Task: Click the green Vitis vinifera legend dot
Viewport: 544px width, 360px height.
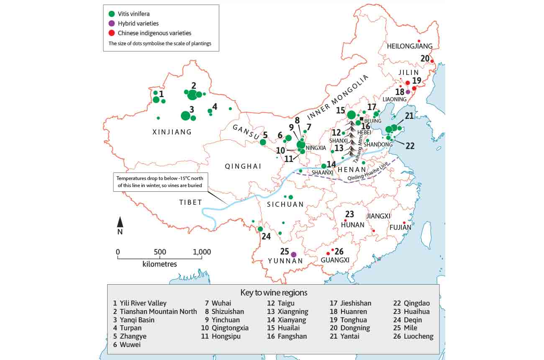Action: click(111, 14)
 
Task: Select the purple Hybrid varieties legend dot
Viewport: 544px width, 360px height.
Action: click(111, 23)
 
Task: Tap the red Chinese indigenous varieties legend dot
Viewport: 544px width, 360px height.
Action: click(111, 33)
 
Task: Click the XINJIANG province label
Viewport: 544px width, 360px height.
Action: click(172, 132)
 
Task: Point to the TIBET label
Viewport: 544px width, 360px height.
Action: click(191, 203)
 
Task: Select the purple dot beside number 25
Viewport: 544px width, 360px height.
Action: click(294, 254)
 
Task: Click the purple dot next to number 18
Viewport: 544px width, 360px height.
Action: click(408, 92)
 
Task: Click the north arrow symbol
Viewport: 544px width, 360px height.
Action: click(120, 222)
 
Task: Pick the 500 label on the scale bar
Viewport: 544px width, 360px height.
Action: click(160, 252)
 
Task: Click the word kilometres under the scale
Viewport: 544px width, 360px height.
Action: click(159, 264)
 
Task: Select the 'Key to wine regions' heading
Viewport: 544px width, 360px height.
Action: click(274, 292)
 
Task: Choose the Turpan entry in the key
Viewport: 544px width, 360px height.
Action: click(127, 328)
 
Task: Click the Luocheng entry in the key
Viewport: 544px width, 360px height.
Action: click(414, 336)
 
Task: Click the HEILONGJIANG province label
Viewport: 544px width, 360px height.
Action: click(410, 46)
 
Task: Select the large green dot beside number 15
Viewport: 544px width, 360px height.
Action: click(351, 115)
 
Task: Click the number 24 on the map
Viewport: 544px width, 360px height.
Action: click(266, 237)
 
